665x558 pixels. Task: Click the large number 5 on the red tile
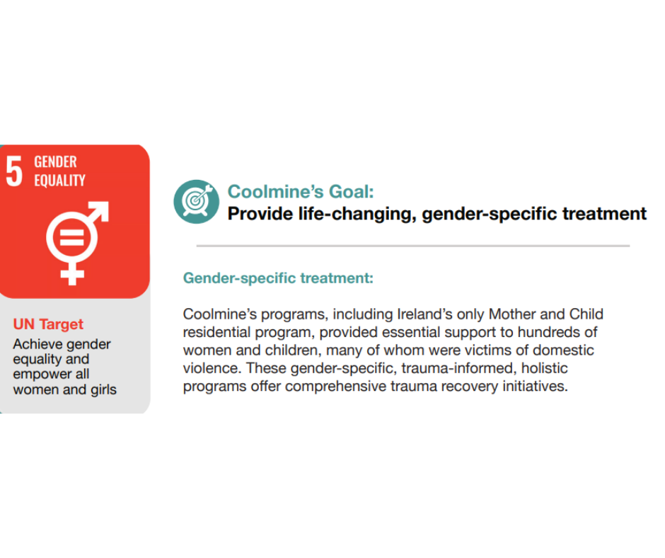pos(14,171)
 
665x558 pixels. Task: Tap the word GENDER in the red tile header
pos(56,161)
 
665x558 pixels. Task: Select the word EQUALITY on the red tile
pos(60,181)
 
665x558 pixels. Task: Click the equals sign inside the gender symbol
pos(71,238)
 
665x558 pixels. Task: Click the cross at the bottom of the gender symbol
pos(72,273)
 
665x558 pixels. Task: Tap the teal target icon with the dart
pos(197,202)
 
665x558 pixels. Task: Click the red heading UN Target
pos(48,324)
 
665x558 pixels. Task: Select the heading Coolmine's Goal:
pos(301,191)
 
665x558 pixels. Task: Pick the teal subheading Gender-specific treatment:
pos(278,278)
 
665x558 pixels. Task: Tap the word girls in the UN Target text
pos(103,390)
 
